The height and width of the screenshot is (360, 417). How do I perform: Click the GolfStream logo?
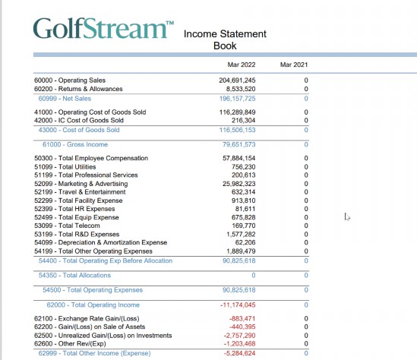pyautogui.click(x=103, y=28)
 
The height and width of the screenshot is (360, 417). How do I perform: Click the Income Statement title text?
pyautogui.click(x=225, y=33)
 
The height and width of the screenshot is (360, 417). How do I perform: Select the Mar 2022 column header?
pyautogui.click(x=242, y=65)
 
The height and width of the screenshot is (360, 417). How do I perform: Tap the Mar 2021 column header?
pyautogui.click(x=294, y=65)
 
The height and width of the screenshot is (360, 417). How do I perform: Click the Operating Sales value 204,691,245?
pyautogui.click(x=237, y=81)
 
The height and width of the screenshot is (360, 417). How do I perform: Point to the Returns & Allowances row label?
pyautogui.click(x=78, y=89)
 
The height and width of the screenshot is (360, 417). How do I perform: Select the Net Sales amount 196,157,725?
pyautogui.click(x=237, y=99)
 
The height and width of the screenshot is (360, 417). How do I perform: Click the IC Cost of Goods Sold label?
pyautogui.click(x=79, y=121)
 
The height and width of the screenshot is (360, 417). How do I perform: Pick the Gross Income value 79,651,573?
pyautogui.click(x=239, y=144)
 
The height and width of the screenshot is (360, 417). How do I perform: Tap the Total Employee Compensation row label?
pyautogui.click(x=91, y=158)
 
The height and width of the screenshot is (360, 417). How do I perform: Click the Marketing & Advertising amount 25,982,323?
pyautogui.click(x=239, y=184)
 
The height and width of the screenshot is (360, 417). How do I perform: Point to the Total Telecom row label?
pyautogui.click(x=67, y=226)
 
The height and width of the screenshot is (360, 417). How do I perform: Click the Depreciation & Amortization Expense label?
pyautogui.click(x=101, y=242)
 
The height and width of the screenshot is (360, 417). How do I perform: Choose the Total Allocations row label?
pyautogui.click(x=74, y=275)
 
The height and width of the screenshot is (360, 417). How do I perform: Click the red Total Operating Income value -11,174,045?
pyautogui.click(x=238, y=305)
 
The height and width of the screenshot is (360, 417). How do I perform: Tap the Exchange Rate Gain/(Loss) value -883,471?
pyautogui.click(x=242, y=318)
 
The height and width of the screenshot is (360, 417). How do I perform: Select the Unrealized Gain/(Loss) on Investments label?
pyautogui.click(x=103, y=336)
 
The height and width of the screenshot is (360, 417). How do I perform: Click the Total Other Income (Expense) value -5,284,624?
pyautogui.click(x=239, y=353)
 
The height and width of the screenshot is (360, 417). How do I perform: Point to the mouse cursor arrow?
pyautogui.click(x=347, y=217)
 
